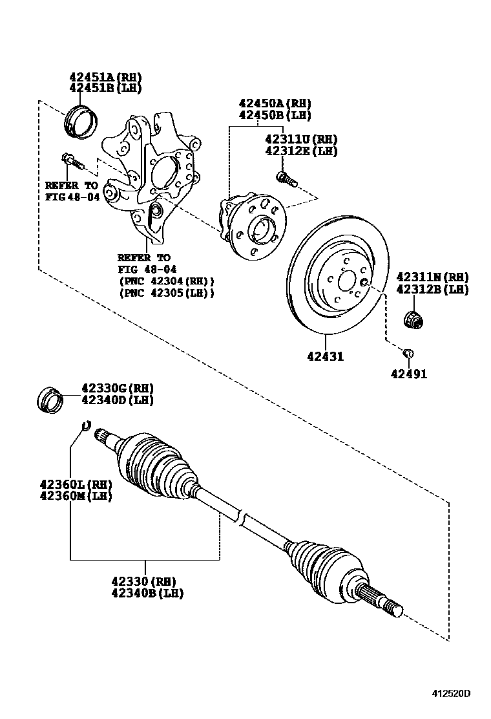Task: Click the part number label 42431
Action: tap(325, 356)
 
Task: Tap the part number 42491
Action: tap(408, 373)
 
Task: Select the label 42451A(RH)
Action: tap(105, 77)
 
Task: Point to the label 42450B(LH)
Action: tap(275, 115)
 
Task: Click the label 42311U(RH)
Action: tap(300, 139)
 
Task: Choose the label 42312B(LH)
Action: tap(432, 290)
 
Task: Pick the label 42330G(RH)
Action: tap(117, 388)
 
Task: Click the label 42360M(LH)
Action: tap(75, 496)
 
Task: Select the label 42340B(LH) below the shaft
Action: tap(148, 593)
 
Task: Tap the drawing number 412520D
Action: tap(451, 694)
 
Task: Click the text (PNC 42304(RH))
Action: tap(166, 281)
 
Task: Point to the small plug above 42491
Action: tap(408, 353)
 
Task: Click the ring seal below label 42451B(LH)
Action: tap(81, 121)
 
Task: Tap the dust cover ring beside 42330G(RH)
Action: tap(50, 399)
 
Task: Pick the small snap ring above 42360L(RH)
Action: tap(84, 425)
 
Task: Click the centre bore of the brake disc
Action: tap(346, 281)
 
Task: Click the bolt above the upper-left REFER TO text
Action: tap(69, 158)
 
